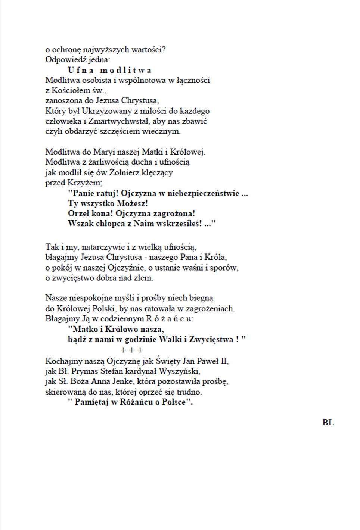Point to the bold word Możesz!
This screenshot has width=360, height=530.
coord(133,203)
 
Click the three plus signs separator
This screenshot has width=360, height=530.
coord(132,350)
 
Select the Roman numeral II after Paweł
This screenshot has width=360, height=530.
coord(224,361)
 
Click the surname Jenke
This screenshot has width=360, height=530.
coord(122,381)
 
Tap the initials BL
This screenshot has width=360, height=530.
coord(328,423)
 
